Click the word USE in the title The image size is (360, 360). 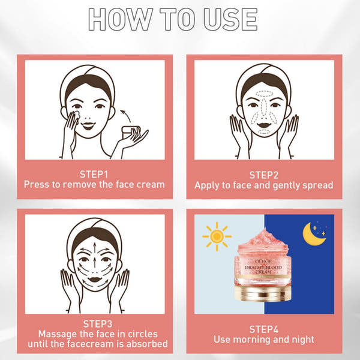pyautogui.click(x=230, y=19)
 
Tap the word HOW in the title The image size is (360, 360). pyautogui.click(x=121, y=19)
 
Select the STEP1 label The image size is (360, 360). pyautogui.click(x=94, y=174)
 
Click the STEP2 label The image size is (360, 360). pyautogui.click(x=264, y=175)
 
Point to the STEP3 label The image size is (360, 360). pyautogui.click(x=98, y=324)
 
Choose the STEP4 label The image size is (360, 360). pyautogui.click(x=264, y=329)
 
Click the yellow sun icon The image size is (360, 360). pyautogui.click(x=217, y=236)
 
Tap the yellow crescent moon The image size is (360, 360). pyautogui.click(x=314, y=234)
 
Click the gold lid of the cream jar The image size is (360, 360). pyautogui.click(x=263, y=292)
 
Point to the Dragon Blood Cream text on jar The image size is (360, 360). pyautogui.click(x=263, y=269)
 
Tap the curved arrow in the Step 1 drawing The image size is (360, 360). pyautogui.click(x=126, y=115)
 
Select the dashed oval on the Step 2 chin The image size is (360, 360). pyautogui.click(x=264, y=132)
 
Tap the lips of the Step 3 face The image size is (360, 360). pyautogui.click(x=95, y=280)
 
